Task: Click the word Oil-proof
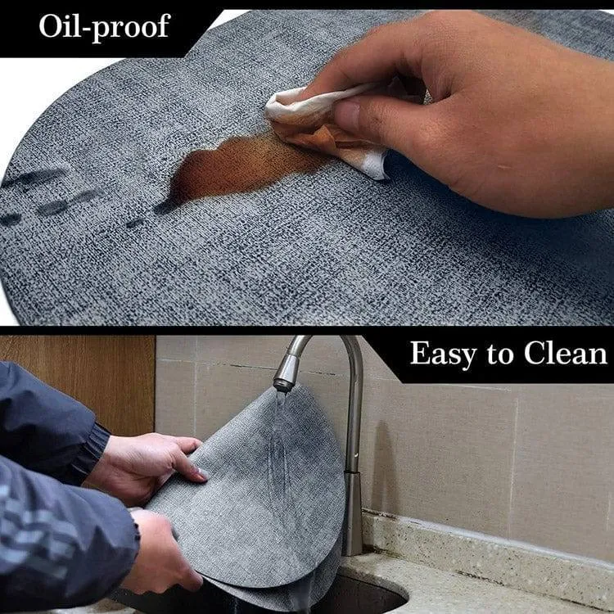coord(105,27)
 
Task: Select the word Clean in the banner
coord(566,353)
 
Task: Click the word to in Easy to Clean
coord(500,354)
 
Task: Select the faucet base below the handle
coord(352,513)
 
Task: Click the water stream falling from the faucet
coord(280,431)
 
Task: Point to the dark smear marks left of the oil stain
coord(59,196)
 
